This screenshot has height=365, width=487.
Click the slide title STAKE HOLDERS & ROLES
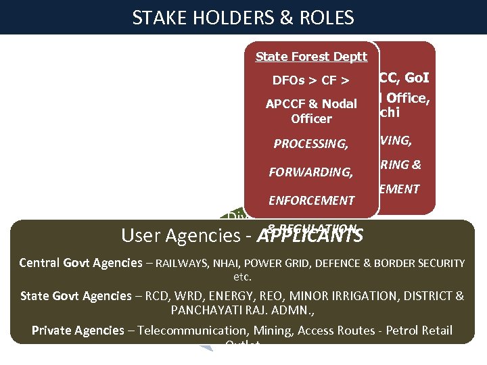[243, 18]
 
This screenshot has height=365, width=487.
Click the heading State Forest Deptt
[311, 57]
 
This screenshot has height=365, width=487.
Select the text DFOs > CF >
[311, 81]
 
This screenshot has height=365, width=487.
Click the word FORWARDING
[311, 172]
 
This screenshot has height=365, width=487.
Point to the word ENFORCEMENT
[311, 201]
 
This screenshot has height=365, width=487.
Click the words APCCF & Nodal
[311, 104]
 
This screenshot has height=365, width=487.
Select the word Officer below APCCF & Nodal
[311, 119]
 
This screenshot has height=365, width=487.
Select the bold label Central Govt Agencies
[80, 263]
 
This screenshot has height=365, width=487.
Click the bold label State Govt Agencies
[76, 296]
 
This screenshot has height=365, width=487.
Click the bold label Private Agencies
[78, 331]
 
